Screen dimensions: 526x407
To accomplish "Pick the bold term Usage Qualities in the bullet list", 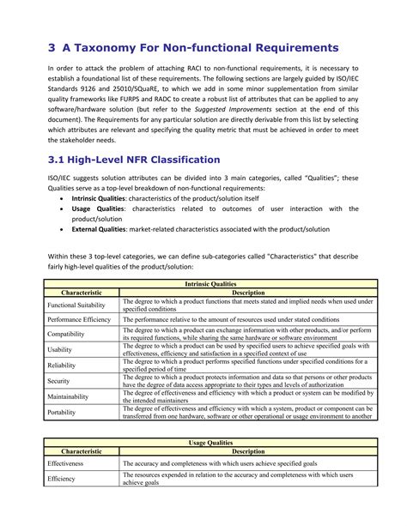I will pyautogui.click(x=99, y=209).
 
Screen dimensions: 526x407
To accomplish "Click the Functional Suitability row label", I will pyautogui.click(x=76, y=305).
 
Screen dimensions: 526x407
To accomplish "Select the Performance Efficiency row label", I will pyautogui.click(x=79, y=319).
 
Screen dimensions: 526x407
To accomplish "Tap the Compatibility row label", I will pyautogui.click(x=66, y=334).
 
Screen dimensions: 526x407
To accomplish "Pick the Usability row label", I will pyautogui.click(x=61, y=349).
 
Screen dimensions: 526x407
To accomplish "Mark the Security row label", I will pyautogui.click(x=59, y=380).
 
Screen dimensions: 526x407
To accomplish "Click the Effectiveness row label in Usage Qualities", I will pyautogui.click(x=65, y=463).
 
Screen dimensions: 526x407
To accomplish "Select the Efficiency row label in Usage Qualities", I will pyautogui.click(x=62, y=479).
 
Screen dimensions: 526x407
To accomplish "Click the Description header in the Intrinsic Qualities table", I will pyautogui.click(x=247, y=292).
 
